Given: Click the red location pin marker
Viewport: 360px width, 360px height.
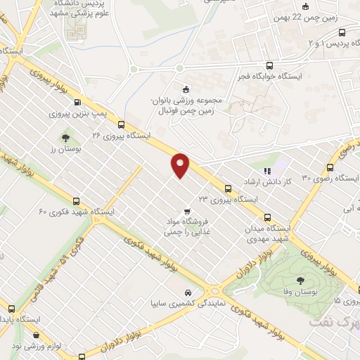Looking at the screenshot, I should [x=181, y=165].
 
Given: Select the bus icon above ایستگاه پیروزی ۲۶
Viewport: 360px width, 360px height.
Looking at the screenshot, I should [x=121, y=124].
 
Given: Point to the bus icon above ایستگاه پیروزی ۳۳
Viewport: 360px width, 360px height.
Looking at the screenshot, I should [x=228, y=188].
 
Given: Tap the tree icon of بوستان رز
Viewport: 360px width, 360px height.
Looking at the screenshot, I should [x=65, y=137].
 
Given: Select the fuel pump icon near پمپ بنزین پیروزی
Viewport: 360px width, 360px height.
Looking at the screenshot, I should [x=77, y=100].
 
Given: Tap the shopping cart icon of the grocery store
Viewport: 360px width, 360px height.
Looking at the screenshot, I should [x=186, y=210].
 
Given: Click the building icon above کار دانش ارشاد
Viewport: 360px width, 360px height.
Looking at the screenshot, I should [x=266, y=170].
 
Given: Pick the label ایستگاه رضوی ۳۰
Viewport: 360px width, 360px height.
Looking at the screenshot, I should [x=307, y=178].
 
